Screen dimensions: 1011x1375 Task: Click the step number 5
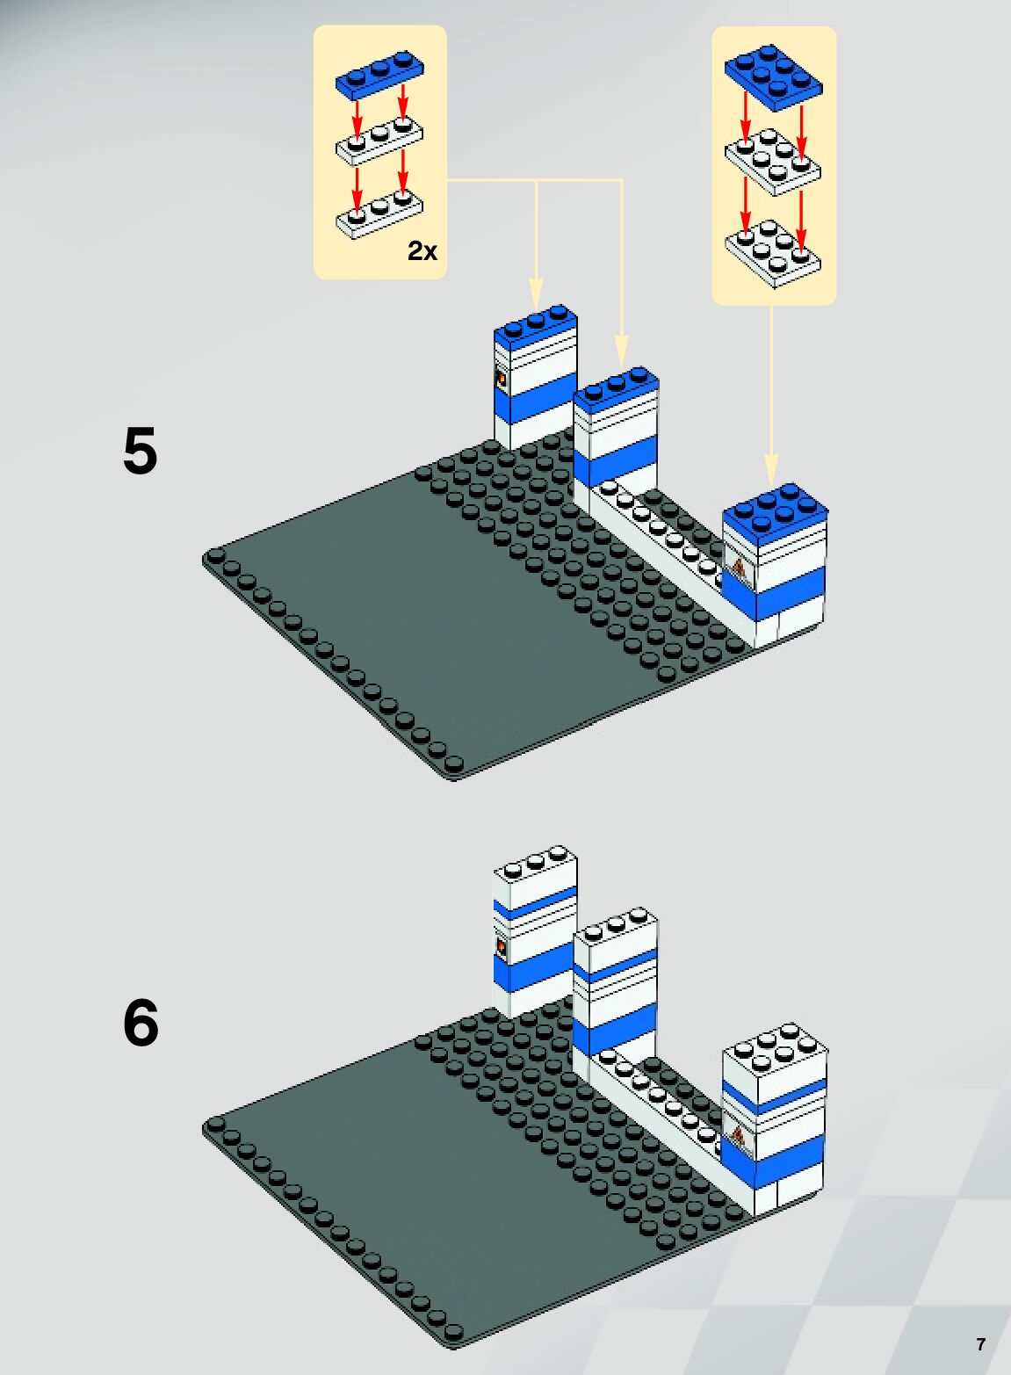coord(141,452)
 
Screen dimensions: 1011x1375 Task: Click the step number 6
coord(141,1024)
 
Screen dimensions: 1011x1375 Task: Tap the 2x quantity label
coord(422,252)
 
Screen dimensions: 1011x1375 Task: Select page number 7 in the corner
coord(980,1344)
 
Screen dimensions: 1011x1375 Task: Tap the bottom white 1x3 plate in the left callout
coord(379,214)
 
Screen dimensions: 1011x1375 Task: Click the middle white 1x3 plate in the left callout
coord(379,142)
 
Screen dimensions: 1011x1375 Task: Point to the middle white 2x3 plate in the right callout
coord(773,162)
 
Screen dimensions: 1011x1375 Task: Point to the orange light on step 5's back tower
coord(501,380)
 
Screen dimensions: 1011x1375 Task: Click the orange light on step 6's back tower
coord(501,946)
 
